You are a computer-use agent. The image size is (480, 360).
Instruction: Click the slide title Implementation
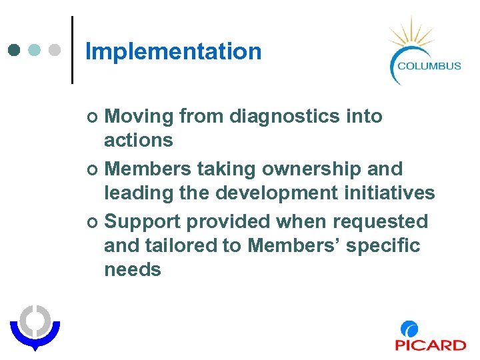(x=173, y=51)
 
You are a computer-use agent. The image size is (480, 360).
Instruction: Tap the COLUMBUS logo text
(x=429, y=65)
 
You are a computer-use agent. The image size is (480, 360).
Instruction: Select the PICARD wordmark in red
(x=430, y=345)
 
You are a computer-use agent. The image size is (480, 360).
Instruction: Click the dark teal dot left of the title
(x=15, y=50)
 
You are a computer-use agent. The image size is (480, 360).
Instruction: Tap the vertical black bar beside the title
(x=72, y=50)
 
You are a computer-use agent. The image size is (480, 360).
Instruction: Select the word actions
(x=138, y=140)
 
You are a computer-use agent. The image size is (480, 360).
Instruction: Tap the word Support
(x=142, y=221)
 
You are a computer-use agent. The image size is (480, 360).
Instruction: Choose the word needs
(x=133, y=269)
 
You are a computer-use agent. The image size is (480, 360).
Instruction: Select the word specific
(x=384, y=245)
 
